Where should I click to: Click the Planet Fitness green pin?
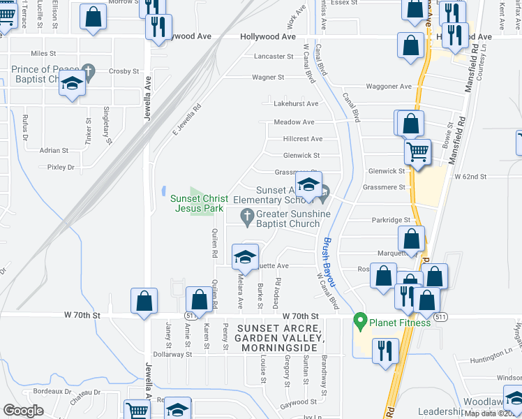(360, 322)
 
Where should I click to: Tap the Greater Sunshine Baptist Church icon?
(246, 215)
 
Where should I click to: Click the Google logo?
(24, 410)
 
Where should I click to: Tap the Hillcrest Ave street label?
(303, 139)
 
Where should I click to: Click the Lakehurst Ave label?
(296, 103)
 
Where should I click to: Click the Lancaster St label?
(274, 56)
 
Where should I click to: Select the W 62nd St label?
(470, 177)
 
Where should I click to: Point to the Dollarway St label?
(172, 354)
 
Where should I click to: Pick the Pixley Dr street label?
(61, 167)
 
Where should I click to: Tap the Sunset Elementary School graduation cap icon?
(307, 184)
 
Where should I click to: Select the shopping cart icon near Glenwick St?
(417, 151)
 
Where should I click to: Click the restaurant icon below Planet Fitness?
(385, 350)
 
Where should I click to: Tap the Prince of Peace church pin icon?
(88, 71)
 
